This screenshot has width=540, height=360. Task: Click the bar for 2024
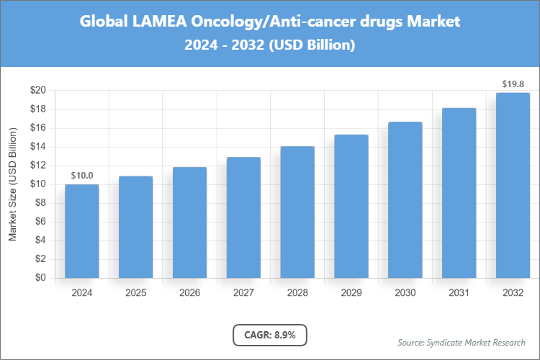[82, 231]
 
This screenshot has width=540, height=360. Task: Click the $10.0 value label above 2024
[82, 175]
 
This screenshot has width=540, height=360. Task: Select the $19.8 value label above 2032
[513, 84]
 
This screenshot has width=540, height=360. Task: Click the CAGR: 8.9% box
[270, 335]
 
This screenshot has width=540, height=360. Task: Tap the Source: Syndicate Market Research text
[462, 342]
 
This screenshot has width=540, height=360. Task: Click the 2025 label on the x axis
[136, 293]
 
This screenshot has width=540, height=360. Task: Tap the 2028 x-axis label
[297, 293]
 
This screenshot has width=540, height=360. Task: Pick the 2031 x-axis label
[459, 293]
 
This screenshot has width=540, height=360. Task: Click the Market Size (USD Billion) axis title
[12, 184]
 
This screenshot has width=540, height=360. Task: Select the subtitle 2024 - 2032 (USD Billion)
[270, 45]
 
